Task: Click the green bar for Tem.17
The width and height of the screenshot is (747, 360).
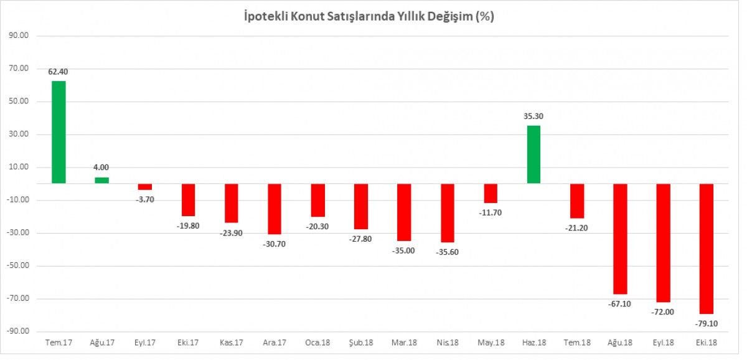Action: [59, 132]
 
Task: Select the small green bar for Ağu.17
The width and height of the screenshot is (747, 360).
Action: [102, 180]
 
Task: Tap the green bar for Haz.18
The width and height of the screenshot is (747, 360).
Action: [534, 154]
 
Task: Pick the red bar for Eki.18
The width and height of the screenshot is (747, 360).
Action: [707, 249]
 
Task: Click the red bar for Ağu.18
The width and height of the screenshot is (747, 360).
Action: [620, 239]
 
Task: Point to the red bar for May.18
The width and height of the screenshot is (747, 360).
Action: [491, 193]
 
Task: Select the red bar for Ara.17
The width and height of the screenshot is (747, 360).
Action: [275, 209]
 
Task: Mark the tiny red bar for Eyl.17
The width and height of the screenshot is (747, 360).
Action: [145, 186]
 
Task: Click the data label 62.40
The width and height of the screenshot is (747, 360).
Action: [59, 72]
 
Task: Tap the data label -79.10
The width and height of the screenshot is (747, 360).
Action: [706, 323]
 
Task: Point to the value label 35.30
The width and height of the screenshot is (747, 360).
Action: [534, 116]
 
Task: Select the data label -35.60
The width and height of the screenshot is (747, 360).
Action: [447, 252]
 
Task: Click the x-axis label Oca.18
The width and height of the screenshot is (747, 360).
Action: [317, 343]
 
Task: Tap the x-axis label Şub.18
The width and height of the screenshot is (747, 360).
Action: [361, 343]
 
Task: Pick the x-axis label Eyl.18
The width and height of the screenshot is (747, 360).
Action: [664, 343]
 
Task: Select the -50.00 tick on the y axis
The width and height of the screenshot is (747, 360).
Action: [19, 266]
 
